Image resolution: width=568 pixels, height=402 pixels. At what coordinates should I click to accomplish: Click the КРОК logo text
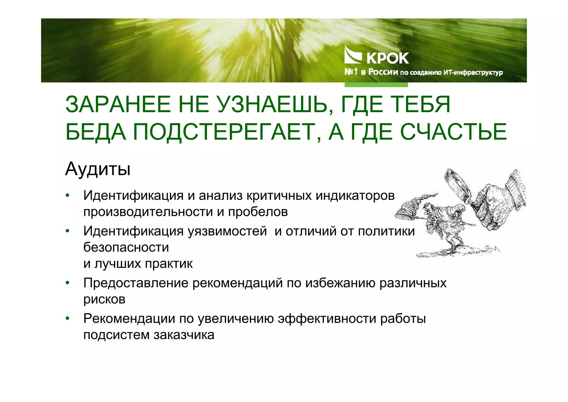pos(387,58)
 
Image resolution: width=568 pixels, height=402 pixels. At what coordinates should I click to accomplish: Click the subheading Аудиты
pos(98,169)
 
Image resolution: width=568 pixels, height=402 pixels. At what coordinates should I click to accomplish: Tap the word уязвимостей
pos(227,231)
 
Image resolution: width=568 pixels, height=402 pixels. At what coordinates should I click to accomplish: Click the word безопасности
pos(126,247)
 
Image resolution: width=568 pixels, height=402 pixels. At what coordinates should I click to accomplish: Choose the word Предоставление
pos(136,283)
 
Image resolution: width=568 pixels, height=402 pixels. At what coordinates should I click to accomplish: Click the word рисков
pos(104,299)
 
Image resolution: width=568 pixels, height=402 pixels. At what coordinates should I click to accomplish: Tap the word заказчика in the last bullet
pos(184,335)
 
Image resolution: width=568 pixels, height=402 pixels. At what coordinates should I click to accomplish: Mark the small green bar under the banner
pos(376,85)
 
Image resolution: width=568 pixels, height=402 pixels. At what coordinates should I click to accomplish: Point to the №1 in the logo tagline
pos(351,72)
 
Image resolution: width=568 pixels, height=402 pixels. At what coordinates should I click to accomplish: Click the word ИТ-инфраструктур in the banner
pos(473,73)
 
